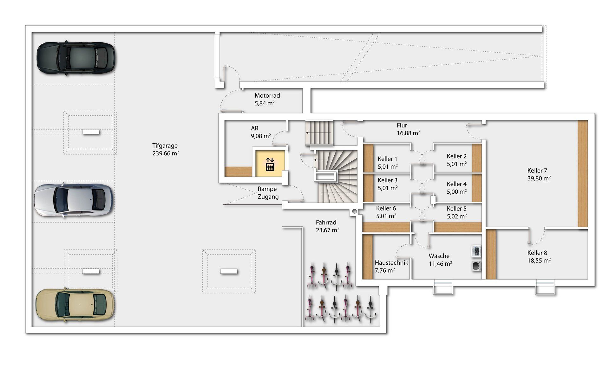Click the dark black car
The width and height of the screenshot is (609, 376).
pyautogui.click(x=76, y=58)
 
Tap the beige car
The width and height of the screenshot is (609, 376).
pyautogui.click(x=75, y=305)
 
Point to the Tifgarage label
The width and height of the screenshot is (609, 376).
pyautogui.click(x=165, y=146)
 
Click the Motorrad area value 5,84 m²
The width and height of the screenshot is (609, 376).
pyautogui.click(x=265, y=103)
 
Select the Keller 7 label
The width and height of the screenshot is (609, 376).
pyautogui.click(x=537, y=171)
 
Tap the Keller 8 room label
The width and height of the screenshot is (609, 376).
pyautogui.click(x=537, y=253)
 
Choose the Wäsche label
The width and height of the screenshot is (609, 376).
pyautogui.click(x=439, y=256)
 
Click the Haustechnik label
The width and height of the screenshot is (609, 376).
pyautogui.click(x=391, y=263)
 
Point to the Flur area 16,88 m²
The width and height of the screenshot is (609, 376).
pyautogui.click(x=409, y=133)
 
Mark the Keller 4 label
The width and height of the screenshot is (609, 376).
pyautogui.click(x=456, y=184)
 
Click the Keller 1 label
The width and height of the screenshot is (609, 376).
pyautogui.click(x=387, y=159)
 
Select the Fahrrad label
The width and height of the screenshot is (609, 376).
pyautogui.click(x=326, y=223)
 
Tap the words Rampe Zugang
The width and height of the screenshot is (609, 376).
pyautogui.click(x=268, y=193)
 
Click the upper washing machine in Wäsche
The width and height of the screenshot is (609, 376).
pyautogui.click(x=476, y=251)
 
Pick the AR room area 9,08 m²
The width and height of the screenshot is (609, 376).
pyautogui.click(x=261, y=136)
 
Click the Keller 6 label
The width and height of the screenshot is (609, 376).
pyautogui.click(x=386, y=208)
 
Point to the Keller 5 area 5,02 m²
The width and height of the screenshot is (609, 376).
pyautogui.click(x=457, y=216)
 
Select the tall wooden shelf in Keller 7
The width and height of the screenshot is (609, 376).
pyautogui.click(x=583, y=174)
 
